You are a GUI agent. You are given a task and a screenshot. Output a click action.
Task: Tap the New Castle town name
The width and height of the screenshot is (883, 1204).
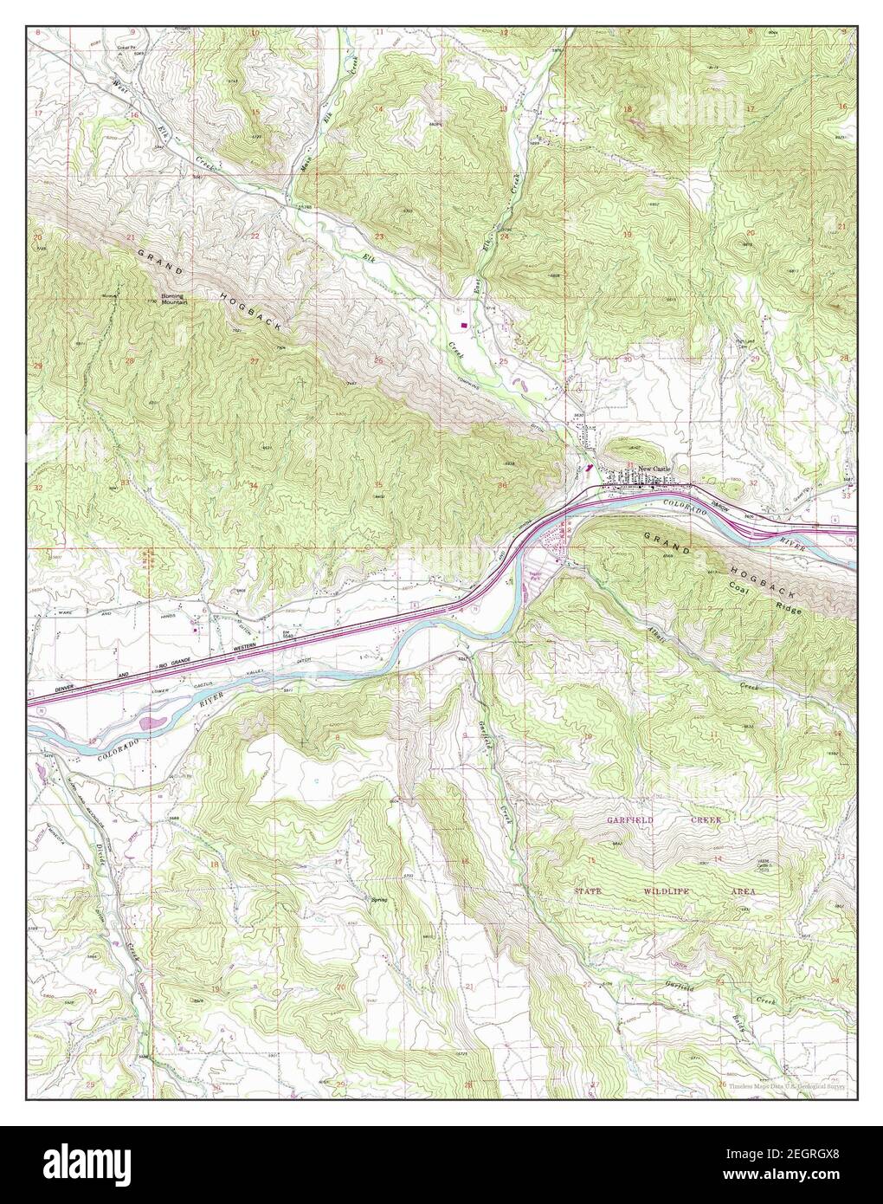[654, 468]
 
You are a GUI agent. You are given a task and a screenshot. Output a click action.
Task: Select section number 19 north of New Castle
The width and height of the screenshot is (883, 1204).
[627, 236]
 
